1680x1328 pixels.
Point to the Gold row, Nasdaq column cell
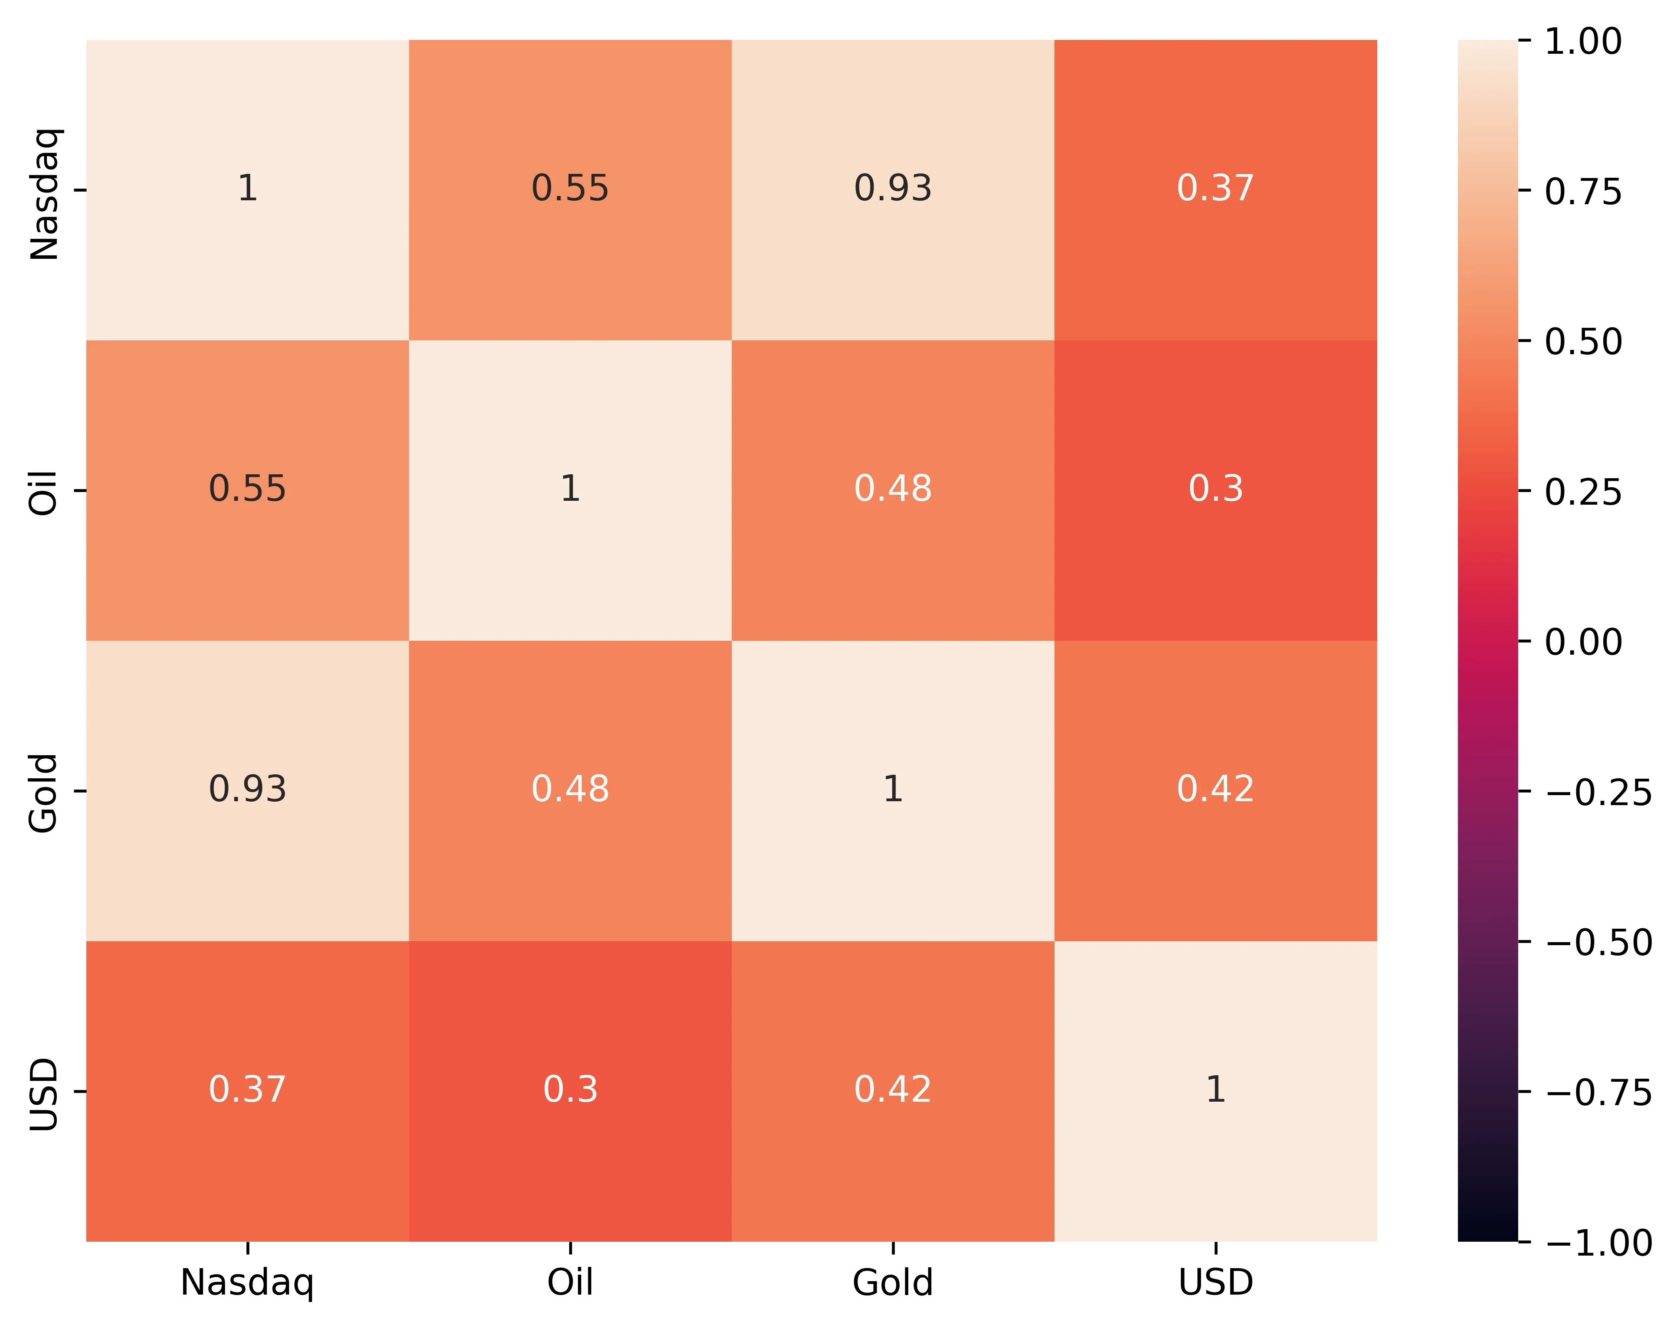point(247,789)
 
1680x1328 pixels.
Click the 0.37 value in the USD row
point(247,1089)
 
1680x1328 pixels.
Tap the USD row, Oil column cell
point(570,1089)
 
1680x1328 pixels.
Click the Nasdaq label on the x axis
point(247,1283)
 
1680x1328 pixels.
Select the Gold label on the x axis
point(892,1283)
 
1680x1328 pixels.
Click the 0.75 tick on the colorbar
point(1583,191)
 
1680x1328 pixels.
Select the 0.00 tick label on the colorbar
point(1583,642)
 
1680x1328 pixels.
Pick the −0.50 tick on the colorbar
point(1598,943)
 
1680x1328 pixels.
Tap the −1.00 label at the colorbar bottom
point(1598,1243)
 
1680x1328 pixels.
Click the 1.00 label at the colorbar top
point(1583,41)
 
